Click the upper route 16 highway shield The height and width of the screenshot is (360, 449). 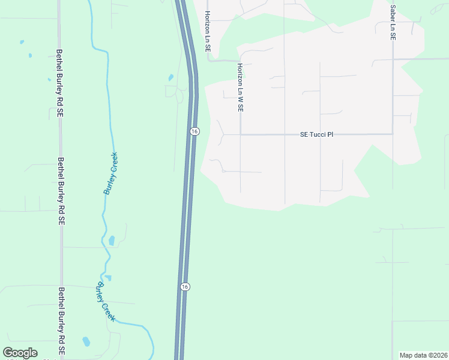pos(194,131)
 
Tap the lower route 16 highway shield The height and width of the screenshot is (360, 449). pos(185,287)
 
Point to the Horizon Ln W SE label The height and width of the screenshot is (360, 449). pos(240,88)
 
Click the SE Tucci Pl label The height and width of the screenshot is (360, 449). pos(316,134)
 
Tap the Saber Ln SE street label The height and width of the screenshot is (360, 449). pos(393,22)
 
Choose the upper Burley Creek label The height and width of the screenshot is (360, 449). pos(111,173)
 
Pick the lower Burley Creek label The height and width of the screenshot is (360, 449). pos(106,301)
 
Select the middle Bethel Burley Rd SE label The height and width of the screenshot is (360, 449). pos(60,191)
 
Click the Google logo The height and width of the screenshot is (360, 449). pos(20,353)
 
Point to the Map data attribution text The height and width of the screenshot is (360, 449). pos(423,355)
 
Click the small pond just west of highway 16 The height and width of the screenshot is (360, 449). pos(171,77)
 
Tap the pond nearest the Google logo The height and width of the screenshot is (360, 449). pos(86,341)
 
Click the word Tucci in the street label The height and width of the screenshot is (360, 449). pos(319,134)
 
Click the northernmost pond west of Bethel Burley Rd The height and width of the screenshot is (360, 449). pos(22,43)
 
